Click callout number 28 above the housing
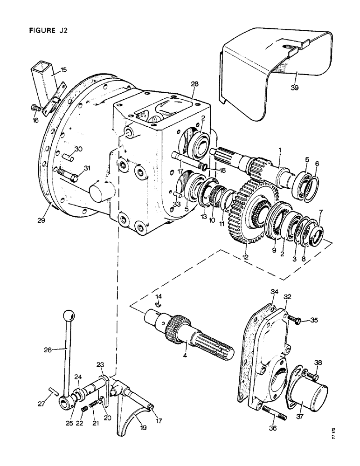pyautogui.click(x=194, y=84)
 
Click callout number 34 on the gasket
pyautogui.click(x=274, y=292)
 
